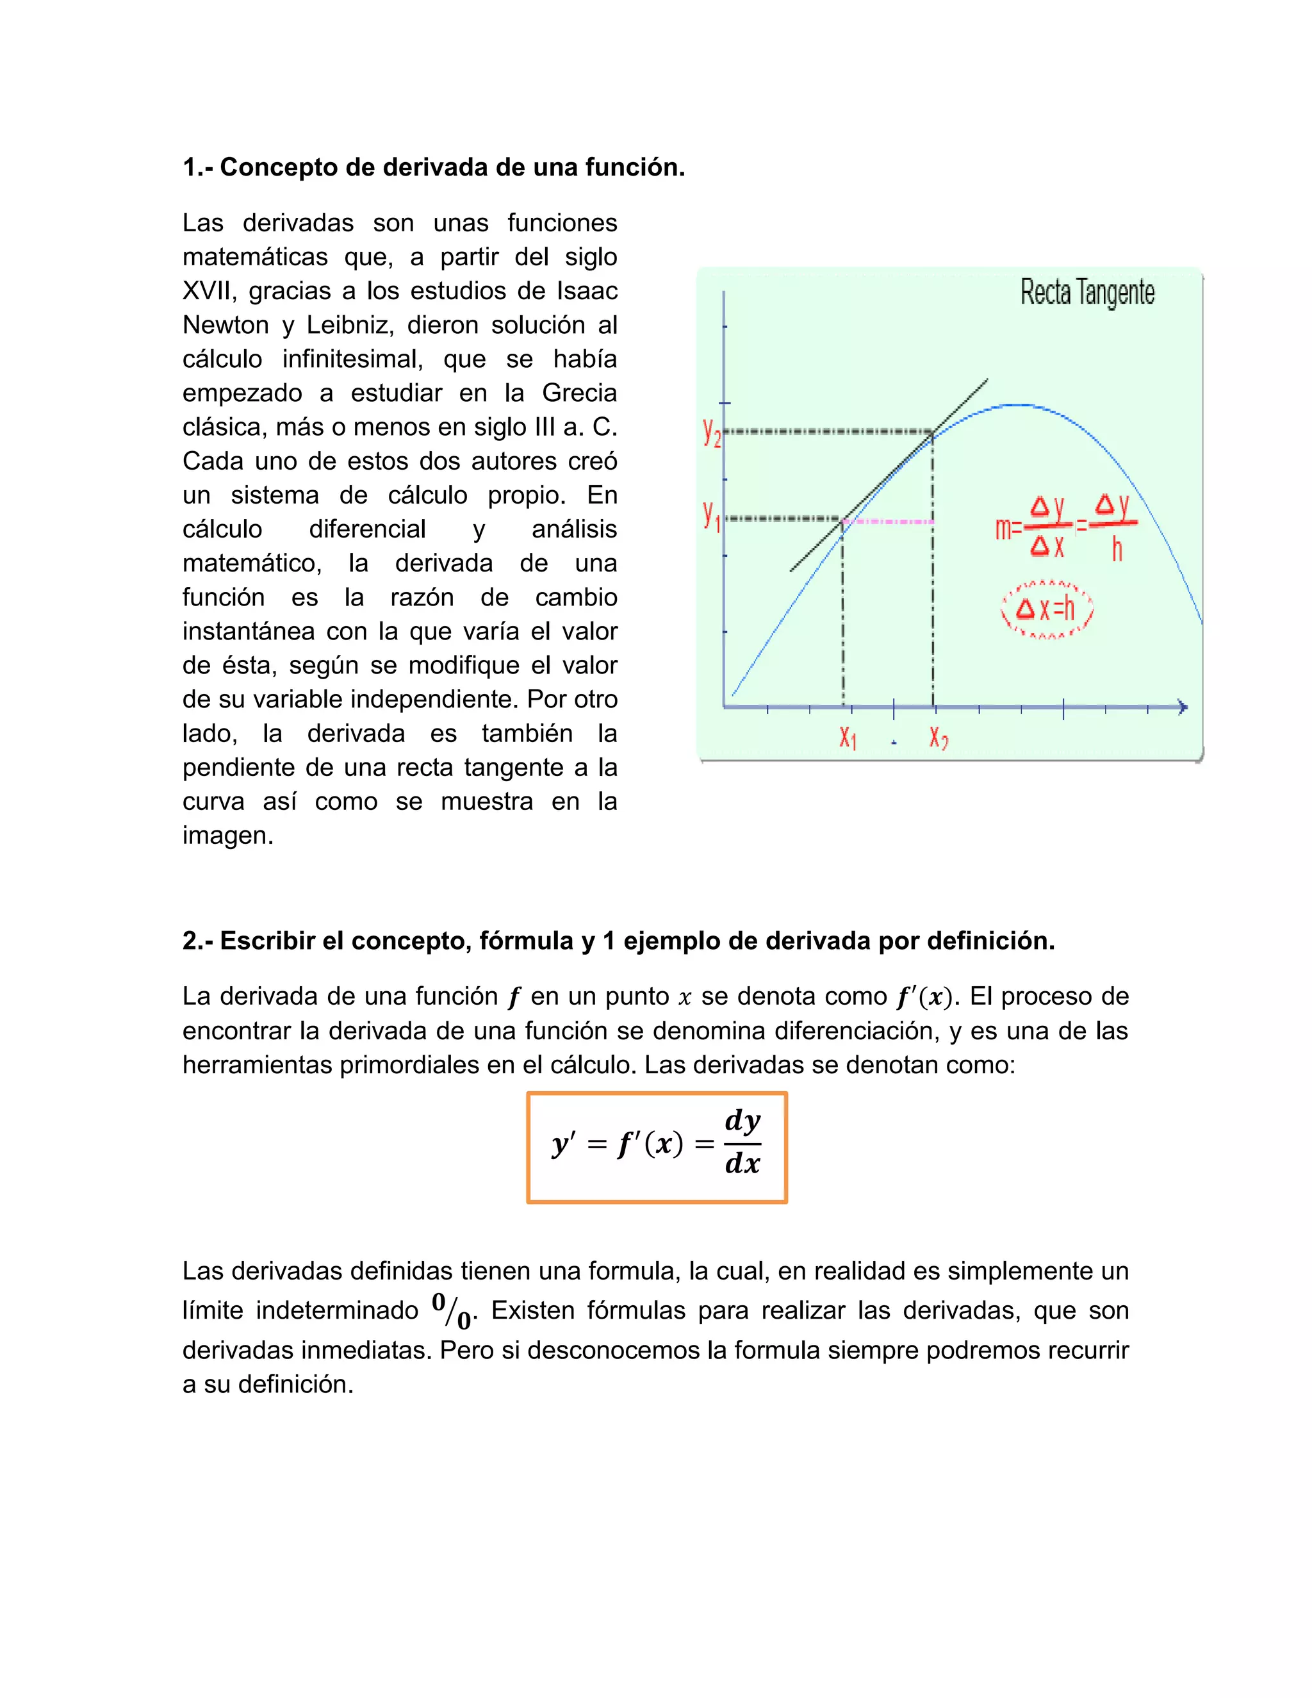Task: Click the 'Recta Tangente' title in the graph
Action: (x=1086, y=293)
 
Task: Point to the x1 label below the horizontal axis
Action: (x=847, y=736)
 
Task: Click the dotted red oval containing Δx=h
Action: (x=1046, y=609)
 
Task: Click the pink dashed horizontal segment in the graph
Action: (x=889, y=522)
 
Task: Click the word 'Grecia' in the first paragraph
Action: (x=579, y=393)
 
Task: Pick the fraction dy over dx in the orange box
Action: (x=742, y=1143)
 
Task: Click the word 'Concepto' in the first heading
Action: (x=278, y=167)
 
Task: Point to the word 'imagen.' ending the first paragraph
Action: (x=227, y=836)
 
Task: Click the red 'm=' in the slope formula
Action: (x=1008, y=529)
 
